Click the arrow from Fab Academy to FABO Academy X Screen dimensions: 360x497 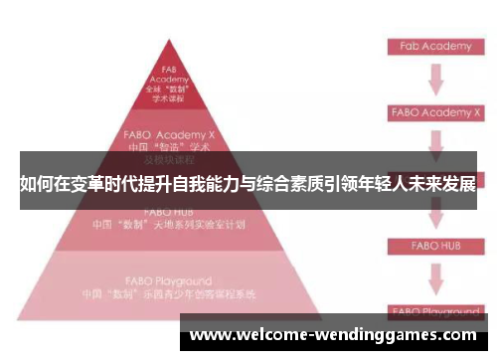[x=434, y=80]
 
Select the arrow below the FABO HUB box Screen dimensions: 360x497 [x=434, y=273]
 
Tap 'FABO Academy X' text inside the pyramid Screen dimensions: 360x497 [x=168, y=132]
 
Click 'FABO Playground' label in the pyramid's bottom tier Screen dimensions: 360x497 [x=169, y=281]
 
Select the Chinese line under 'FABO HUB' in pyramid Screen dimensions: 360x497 [x=169, y=225]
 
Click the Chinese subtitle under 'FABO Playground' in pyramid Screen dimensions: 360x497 [x=169, y=295]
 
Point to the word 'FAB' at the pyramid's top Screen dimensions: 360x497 [x=169, y=69]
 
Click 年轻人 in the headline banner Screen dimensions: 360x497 [x=356, y=184]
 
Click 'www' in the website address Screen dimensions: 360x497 [x=211, y=335]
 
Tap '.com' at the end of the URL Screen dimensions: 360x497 [x=456, y=335]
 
